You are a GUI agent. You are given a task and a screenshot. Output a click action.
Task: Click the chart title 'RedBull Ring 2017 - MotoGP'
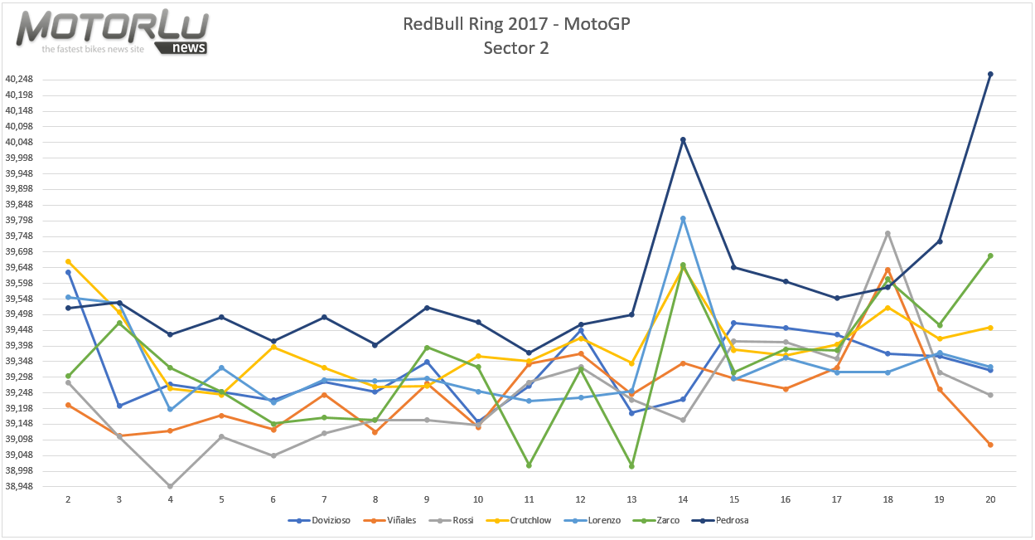[x=515, y=23]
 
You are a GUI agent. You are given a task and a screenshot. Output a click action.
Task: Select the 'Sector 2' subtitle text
[x=515, y=48]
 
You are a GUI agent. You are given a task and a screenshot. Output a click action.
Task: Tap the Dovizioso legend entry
[x=320, y=521]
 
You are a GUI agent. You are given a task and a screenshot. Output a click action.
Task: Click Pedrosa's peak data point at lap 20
[x=990, y=74]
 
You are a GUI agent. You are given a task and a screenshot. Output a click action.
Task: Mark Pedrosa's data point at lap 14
[x=683, y=139]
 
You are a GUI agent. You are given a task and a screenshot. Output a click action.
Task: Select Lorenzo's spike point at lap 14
[x=683, y=218]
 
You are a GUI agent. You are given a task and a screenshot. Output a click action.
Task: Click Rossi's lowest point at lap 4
[x=170, y=486]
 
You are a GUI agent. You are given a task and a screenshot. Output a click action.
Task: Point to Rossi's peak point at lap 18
[x=887, y=233]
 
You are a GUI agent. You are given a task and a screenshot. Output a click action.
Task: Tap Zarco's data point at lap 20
[x=990, y=255]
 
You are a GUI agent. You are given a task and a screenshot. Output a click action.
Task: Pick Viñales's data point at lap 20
[x=990, y=445]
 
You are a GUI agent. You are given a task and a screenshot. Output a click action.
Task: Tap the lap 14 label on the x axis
[x=683, y=500]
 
